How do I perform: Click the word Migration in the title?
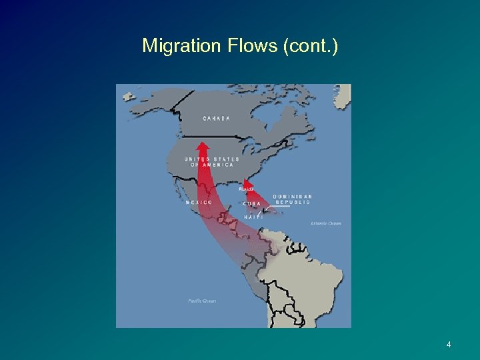[x=171, y=46]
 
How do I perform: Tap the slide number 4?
[x=449, y=345]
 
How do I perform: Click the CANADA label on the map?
[x=217, y=119]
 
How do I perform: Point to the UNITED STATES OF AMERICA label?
[x=212, y=162]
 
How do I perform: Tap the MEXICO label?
[x=199, y=202]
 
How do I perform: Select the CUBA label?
[x=252, y=203]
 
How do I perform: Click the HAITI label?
[x=253, y=217]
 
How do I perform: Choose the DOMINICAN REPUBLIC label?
[x=292, y=199]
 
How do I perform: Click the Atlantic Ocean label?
[x=326, y=223]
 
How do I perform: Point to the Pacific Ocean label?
[x=202, y=301]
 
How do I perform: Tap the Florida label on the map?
[x=246, y=189]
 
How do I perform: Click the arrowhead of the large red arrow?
[x=203, y=145]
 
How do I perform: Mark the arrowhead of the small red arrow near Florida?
[x=247, y=181]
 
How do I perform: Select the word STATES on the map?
[x=227, y=159]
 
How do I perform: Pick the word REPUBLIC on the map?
[x=293, y=202]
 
